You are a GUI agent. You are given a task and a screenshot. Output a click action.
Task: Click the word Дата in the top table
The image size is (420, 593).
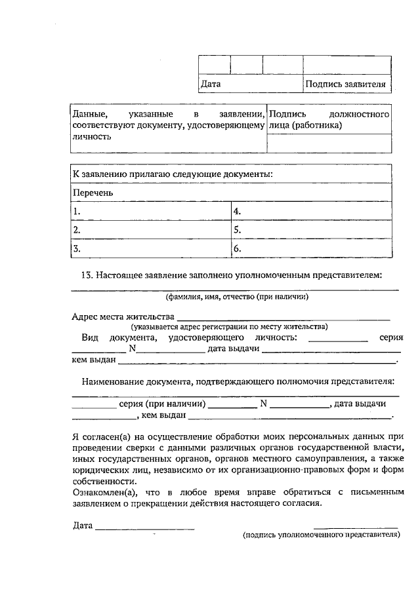click(x=211, y=84)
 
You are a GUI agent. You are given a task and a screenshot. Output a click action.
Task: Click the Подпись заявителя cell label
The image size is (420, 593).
click(x=348, y=84)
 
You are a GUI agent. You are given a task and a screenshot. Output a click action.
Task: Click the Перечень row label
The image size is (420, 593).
click(x=93, y=193)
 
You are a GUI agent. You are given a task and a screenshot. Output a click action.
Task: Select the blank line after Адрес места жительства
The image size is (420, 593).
click(x=282, y=318)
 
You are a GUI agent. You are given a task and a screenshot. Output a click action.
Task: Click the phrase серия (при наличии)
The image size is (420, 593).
click(x=163, y=404)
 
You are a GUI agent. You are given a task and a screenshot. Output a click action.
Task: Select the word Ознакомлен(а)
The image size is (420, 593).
click(x=102, y=491)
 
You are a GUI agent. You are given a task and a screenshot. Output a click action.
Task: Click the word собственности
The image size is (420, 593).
click(x=102, y=480)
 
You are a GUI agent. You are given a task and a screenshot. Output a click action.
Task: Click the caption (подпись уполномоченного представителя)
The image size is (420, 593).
click(x=321, y=535)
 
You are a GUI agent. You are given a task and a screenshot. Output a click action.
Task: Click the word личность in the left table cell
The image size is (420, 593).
click(x=92, y=137)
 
